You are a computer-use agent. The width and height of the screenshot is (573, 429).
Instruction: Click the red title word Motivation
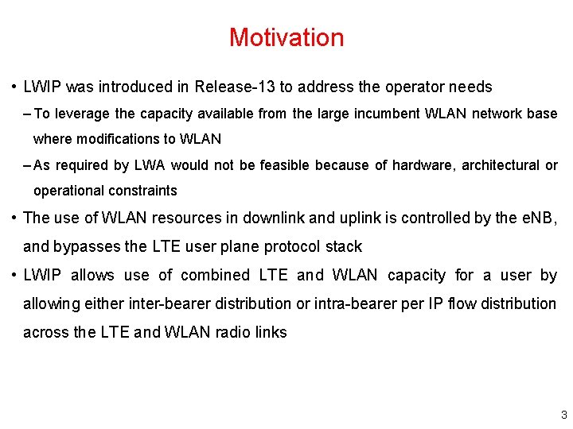point(286,37)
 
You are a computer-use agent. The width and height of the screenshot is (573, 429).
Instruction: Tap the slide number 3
point(563,415)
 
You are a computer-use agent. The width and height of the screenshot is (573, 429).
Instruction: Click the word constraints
point(140,191)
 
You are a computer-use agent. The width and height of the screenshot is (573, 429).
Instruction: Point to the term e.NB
point(537,218)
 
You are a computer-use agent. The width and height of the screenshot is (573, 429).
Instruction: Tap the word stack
point(345,246)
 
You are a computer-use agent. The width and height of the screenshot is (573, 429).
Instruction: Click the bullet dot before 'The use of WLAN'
point(14,218)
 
